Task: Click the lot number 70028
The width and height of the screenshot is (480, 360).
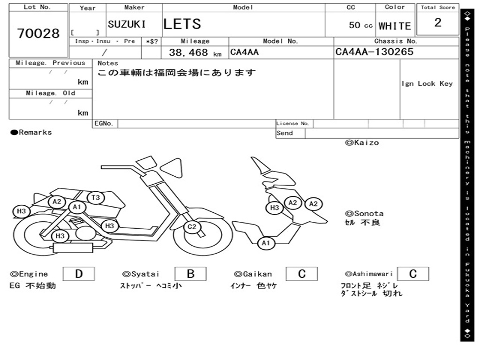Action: point(38,34)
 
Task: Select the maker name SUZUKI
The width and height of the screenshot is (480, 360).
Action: point(127,24)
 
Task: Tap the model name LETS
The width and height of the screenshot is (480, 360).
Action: point(182,24)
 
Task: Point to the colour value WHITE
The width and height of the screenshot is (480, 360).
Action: point(395,26)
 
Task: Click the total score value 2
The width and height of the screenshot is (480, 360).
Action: point(438,22)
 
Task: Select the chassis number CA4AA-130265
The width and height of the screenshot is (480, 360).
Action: point(375,52)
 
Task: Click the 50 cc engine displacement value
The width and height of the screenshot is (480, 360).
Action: point(360,25)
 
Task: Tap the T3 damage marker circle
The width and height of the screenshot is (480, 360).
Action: point(96,198)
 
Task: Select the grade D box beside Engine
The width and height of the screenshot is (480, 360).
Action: point(79,274)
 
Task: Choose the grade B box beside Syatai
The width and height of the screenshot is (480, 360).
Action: point(190,274)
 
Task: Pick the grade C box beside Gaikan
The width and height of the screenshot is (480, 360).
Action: point(302,274)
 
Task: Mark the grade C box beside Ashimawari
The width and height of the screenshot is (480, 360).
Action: point(412,274)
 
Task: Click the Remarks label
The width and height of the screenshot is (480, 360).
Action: point(32,133)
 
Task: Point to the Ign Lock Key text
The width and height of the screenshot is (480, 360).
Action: point(427,83)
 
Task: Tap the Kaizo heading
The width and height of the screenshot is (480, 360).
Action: point(362,142)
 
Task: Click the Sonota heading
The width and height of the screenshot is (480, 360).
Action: point(364,213)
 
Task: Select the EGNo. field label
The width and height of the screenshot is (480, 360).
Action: point(104,124)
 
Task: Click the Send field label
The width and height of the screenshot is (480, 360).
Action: point(285,133)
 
